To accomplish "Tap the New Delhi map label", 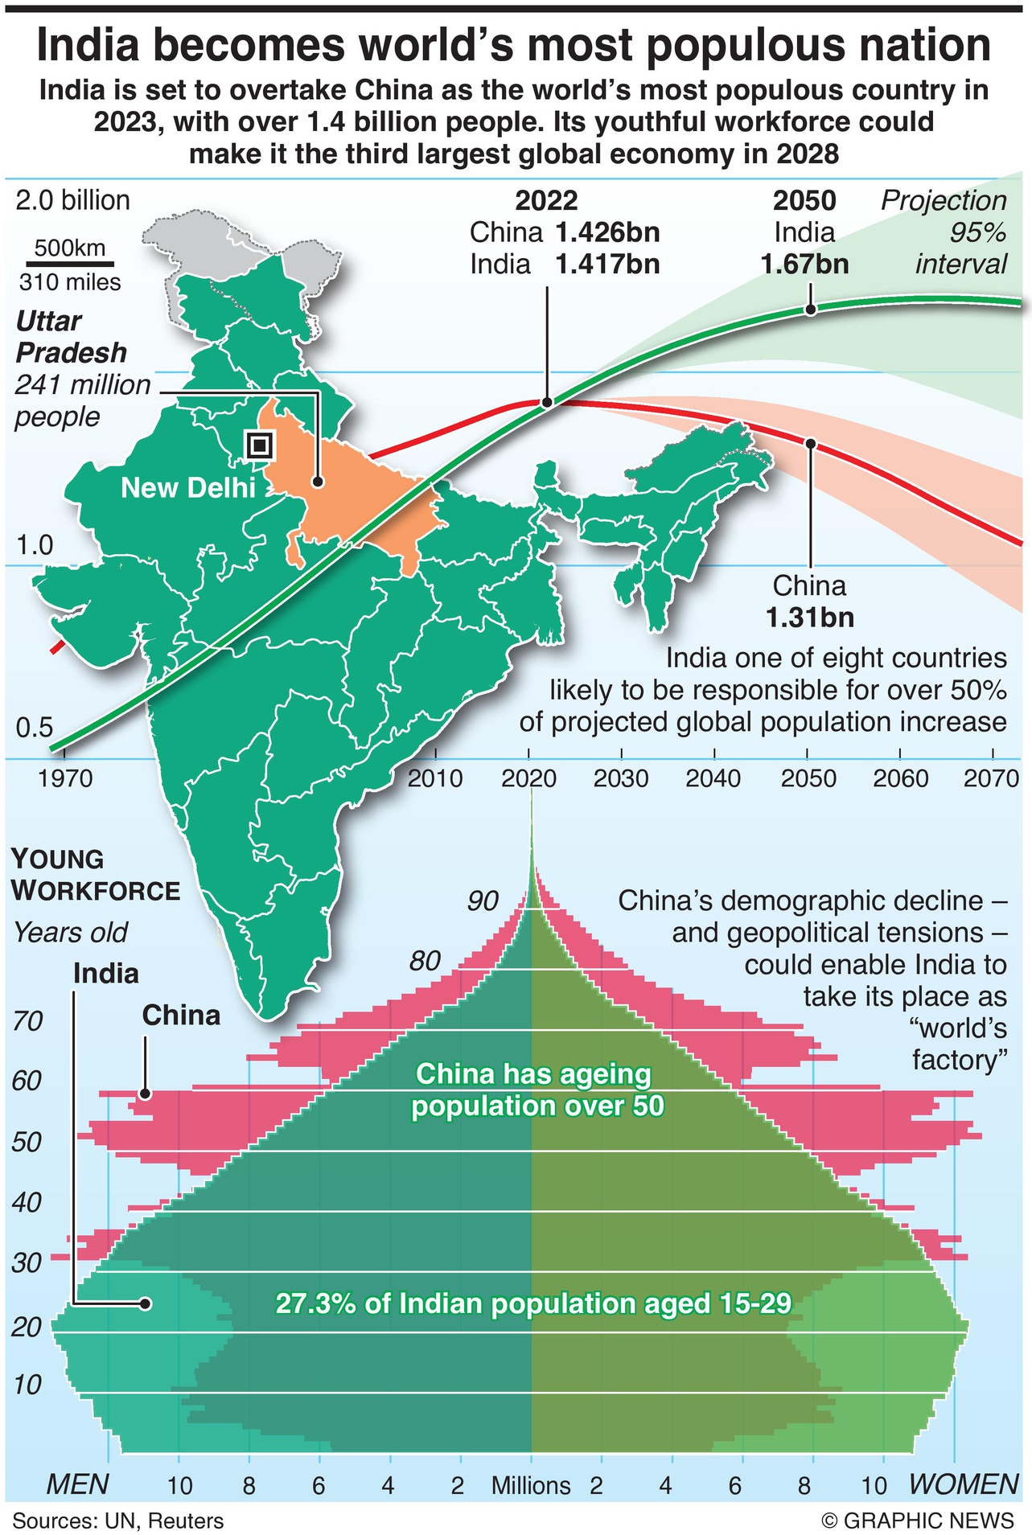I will coord(188,487).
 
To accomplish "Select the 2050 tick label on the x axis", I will coord(808,778).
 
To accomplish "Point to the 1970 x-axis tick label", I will coord(66,778).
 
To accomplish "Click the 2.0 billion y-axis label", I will coord(72,200).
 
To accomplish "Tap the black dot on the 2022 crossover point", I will coord(547,402).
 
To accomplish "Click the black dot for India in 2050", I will coord(810,310).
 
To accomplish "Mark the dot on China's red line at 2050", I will coord(810,443).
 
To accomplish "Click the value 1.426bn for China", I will coord(607,232).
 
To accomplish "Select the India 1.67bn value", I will coord(804,264).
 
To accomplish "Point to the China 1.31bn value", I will coord(809,618).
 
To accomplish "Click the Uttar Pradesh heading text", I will coord(71,337).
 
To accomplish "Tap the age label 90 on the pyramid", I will coord(483,901).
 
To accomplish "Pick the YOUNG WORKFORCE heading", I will coord(95,875).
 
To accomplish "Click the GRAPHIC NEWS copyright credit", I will coord(917,1521).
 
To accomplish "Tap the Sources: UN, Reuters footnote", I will coord(117,1521).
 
